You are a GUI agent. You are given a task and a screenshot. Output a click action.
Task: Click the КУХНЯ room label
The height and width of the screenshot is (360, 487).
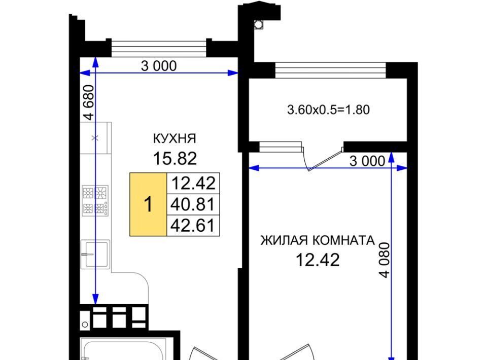click(x=175, y=138)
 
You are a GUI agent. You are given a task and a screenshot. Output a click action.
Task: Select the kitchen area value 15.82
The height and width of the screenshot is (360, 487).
click(x=175, y=158)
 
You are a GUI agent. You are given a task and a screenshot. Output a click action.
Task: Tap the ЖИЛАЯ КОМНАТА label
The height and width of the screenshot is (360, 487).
click(x=318, y=240)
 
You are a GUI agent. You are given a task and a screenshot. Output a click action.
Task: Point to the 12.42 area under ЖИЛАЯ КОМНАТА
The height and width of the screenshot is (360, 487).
click(x=318, y=260)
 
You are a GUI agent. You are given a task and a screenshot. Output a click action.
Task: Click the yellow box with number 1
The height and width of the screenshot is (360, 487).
click(x=148, y=204)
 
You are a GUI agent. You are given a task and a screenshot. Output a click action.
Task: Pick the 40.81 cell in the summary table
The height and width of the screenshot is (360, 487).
click(x=193, y=204)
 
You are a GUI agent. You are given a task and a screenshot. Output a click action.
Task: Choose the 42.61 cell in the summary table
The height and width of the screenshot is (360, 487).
click(x=193, y=225)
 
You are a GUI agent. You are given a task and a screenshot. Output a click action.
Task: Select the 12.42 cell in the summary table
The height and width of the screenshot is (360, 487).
click(x=193, y=183)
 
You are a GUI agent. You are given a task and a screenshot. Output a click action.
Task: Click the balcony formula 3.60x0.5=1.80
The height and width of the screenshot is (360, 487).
click(x=328, y=110)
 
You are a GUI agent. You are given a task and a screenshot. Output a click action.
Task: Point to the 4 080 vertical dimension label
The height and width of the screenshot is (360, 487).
click(x=384, y=260)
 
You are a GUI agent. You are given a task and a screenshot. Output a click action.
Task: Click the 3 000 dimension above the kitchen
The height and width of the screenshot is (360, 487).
click(x=159, y=66)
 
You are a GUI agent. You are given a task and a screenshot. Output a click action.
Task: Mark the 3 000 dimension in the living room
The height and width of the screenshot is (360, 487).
click(x=367, y=161)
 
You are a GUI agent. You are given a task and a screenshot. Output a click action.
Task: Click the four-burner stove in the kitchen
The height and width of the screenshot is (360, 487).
click(x=95, y=200)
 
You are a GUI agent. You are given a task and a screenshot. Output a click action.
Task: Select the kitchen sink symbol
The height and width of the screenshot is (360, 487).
click(x=95, y=255)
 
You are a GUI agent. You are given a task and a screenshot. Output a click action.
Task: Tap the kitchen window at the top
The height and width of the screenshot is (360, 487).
click(x=159, y=48)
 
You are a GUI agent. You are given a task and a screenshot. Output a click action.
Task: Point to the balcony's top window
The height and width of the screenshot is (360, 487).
click(x=330, y=70)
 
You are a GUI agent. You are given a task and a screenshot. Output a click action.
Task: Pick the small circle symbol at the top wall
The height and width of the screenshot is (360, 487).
click(x=258, y=24)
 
